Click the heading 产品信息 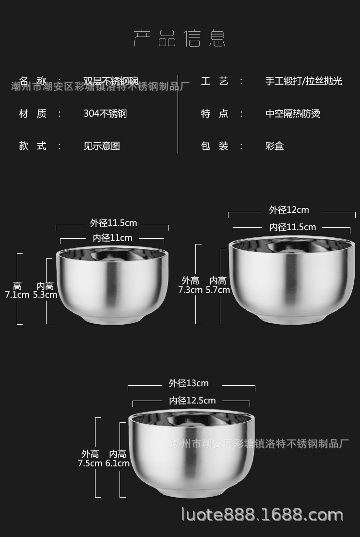click(180, 38)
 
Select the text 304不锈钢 click(105, 113)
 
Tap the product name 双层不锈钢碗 click(111, 81)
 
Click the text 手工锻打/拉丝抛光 click(304, 81)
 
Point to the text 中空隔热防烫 click(293, 113)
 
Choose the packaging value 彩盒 click(275, 146)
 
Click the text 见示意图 click(102, 146)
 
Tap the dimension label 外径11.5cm click(114, 223)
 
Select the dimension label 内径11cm click(113, 238)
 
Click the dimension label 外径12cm click(289, 209)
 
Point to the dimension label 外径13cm click(189, 383)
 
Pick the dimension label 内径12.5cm click(192, 401)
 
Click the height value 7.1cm click(17, 294)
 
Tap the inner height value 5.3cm click(45, 294)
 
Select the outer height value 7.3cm click(190, 290)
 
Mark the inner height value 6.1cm click(118, 463)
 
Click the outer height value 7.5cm click(90, 463)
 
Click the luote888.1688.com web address click(262, 515)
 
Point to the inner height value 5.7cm click(217, 290)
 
